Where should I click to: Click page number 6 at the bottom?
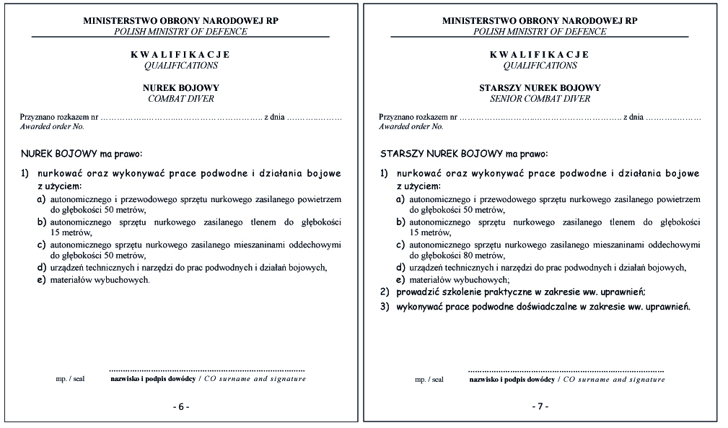(180, 406)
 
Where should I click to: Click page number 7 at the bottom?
(540, 406)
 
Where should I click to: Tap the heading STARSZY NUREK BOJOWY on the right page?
(540, 88)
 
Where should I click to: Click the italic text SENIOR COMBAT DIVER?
(540, 99)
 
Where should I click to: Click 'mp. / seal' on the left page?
(70, 379)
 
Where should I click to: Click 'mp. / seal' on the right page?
(429, 379)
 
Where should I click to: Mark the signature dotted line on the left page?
(207, 370)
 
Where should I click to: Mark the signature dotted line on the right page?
(566, 370)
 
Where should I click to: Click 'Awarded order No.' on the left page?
(52, 126)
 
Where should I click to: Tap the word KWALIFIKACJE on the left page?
(180, 55)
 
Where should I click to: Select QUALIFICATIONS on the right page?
(540, 66)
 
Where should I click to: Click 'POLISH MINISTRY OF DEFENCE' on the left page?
(180, 32)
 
